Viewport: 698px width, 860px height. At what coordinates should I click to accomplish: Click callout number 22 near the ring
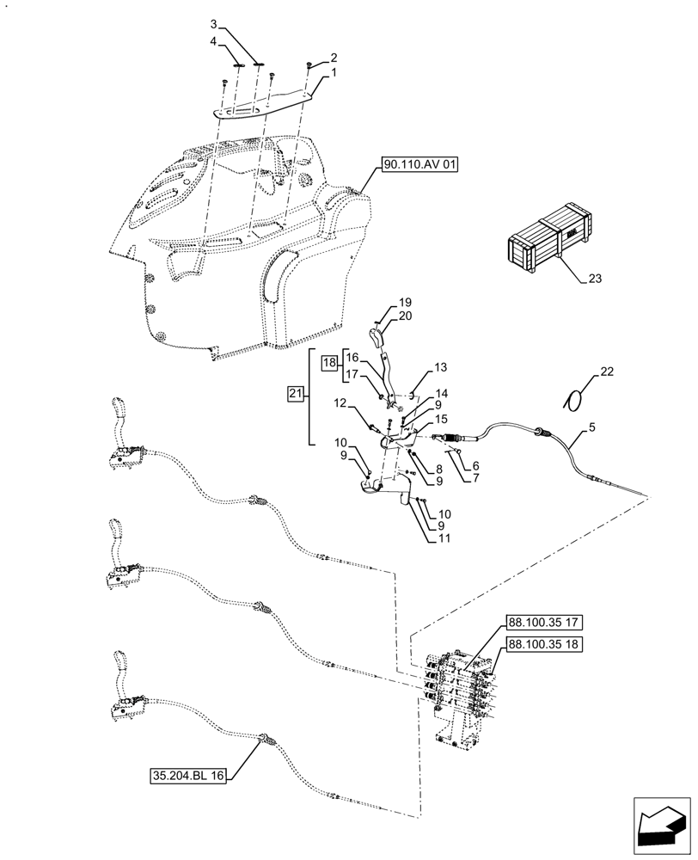point(607,372)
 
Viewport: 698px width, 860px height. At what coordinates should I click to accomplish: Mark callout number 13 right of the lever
point(440,367)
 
